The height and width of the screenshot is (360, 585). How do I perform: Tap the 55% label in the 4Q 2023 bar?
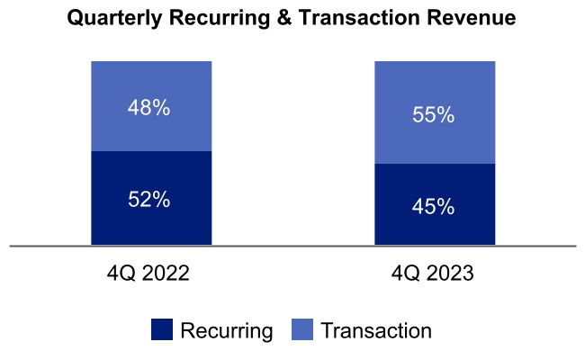(433, 115)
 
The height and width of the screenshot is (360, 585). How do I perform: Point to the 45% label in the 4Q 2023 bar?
(433, 206)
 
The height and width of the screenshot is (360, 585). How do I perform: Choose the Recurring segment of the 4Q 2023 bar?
(433, 229)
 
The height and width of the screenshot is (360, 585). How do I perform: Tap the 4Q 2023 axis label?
(433, 274)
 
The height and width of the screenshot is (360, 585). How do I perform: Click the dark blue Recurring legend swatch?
(162, 330)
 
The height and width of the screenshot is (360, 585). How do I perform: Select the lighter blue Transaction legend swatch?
(302, 330)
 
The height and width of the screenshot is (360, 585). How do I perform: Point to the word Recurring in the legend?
(226, 330)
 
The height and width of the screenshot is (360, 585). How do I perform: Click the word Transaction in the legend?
(376, 330)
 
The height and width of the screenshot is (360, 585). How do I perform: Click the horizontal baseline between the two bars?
(292, 245)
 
